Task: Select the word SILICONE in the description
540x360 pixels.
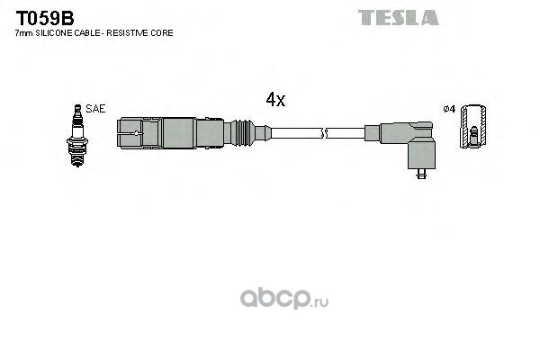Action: tap(53, 33)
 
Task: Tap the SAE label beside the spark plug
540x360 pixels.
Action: tap(96, 108)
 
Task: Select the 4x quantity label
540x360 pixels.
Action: tap(274, 100)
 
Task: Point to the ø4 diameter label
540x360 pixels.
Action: tap(450, 110)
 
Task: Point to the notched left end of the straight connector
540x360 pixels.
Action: tap(130, 133)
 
